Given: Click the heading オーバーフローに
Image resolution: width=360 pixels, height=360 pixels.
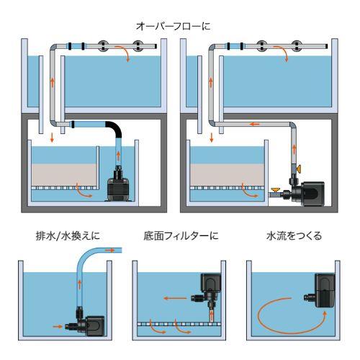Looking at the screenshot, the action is (x=174, y=26).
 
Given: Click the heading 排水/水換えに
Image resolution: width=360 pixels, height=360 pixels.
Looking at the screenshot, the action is (x=68, y=235).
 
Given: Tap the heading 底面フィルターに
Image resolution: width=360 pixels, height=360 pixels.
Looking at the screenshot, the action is (x=181, y=235).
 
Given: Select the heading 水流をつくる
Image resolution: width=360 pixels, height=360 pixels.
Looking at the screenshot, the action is (x=294, y=235).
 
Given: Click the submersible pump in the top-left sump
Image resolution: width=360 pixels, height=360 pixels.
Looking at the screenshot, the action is (x=117, y=184).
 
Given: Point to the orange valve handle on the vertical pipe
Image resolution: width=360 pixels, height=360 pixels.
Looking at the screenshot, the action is (x=299, y=168).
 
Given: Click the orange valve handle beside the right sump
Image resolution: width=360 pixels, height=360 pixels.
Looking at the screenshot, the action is (x=274, y=189).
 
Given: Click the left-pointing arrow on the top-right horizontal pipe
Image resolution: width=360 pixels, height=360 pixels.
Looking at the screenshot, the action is (x=254, y=124).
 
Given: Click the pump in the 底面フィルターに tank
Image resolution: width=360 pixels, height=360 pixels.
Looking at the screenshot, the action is (x=207, y=290).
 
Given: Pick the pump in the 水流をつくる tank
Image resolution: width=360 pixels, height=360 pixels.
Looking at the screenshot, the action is (x=320, y=291).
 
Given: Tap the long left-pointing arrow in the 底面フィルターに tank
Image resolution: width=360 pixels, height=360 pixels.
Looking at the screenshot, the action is (x=175, y=298).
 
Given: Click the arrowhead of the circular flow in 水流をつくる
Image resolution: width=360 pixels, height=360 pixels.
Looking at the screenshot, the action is (x=325, y=314).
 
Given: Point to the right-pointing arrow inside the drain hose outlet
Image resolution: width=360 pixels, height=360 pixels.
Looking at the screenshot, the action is (x=110, y=250).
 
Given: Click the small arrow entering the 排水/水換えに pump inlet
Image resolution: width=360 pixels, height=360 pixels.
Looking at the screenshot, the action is (x=58, y=327).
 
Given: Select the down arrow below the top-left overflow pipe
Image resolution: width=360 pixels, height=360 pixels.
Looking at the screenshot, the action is (x=52, y=138).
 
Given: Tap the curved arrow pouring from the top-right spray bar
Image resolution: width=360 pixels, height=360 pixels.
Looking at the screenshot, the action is (x=282, y=53).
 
